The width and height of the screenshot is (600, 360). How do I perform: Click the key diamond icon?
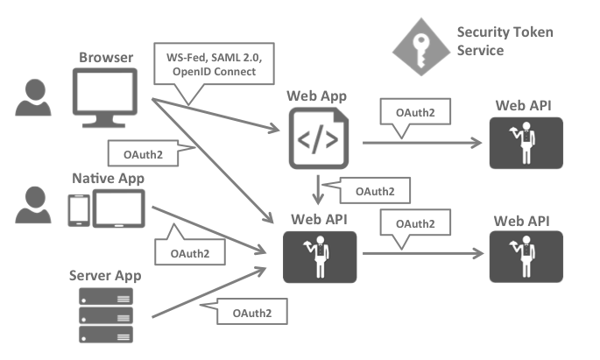418,41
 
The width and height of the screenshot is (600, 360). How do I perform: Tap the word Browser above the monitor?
106,59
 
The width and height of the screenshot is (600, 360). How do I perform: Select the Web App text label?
316,95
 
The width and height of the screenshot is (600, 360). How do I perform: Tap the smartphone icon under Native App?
77,208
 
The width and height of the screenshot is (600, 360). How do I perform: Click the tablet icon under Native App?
118,208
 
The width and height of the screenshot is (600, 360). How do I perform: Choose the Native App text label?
108,178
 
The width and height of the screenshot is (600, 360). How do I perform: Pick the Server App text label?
106,276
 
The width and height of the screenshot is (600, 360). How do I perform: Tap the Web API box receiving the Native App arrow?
320,256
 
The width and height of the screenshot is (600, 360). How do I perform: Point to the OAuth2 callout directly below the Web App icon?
366,189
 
